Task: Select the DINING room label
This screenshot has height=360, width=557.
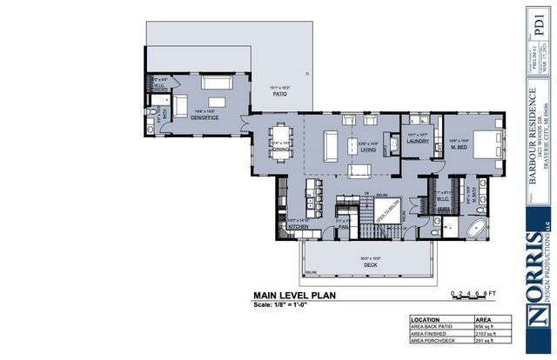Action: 280,149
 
